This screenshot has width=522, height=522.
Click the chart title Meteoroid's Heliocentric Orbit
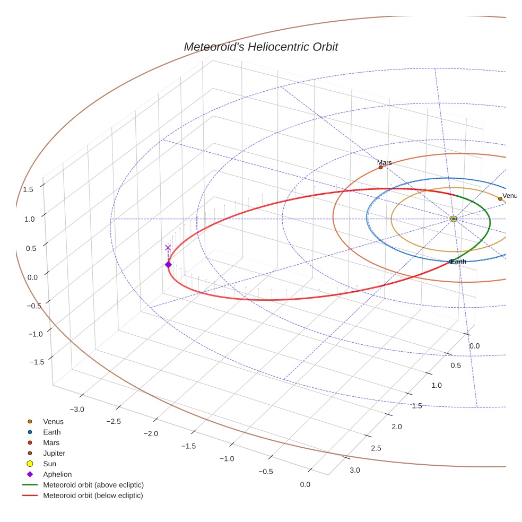260,47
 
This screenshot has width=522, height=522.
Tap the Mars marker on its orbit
380,168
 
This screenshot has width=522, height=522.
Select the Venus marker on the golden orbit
500,199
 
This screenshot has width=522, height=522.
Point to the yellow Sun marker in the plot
454,219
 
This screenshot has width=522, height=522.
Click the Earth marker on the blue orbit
451,262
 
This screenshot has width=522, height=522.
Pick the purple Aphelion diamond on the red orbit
168,265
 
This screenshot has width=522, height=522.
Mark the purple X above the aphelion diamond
168,248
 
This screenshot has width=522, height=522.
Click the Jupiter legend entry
54,453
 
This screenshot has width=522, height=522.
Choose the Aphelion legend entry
57,474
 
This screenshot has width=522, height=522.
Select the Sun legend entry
50,464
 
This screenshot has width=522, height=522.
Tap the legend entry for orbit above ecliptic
93,485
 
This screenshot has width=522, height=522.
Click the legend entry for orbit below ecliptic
93,495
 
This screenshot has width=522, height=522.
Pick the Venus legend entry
53,422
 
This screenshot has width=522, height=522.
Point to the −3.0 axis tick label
77,410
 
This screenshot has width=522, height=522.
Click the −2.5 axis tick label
114,421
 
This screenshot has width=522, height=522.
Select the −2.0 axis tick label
151,433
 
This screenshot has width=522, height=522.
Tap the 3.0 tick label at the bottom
355,471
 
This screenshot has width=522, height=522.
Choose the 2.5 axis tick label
376,449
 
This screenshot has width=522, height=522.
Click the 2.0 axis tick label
396,427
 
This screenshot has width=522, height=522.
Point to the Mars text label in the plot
385,163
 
